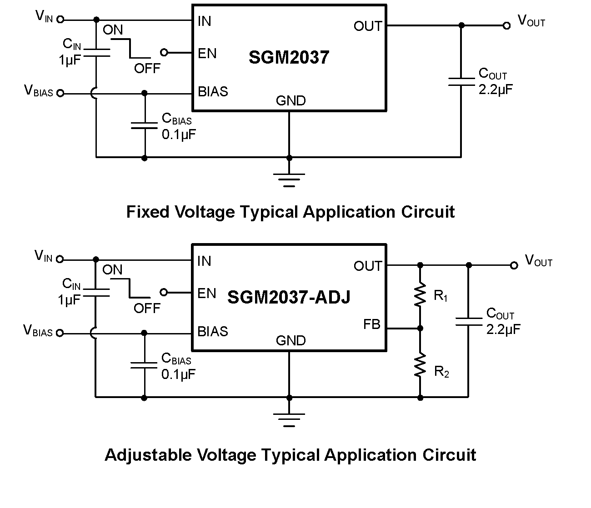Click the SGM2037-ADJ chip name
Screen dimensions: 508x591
tap(289, 297)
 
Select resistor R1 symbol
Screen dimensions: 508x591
tap(420, 294)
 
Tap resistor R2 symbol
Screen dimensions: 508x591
tap(420, 365)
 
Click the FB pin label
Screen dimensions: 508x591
tap(371, 324)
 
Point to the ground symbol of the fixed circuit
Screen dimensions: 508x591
tap(289, 179)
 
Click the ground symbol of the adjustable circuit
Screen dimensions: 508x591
tap(289, 419)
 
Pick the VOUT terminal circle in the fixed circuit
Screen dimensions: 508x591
tap(506, 26)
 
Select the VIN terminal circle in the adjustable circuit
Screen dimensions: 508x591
tap(60, 259)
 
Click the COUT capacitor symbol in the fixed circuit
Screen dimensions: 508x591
tap(461, 81)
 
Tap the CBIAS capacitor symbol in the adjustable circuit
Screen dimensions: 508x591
tap(144, 365)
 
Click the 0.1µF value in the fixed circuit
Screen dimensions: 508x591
tap(179, 134)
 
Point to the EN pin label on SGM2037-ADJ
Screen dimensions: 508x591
tap(207, 293)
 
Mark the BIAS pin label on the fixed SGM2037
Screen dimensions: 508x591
tap(213, 91)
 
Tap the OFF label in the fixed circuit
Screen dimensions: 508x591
tap(147, 68)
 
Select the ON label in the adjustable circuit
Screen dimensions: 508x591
tap(112, 269)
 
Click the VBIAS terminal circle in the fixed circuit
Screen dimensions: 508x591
tap(60, 93)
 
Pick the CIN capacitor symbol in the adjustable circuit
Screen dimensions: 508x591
tap(96, 292)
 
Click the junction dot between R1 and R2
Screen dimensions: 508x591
tap(420, 328)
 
